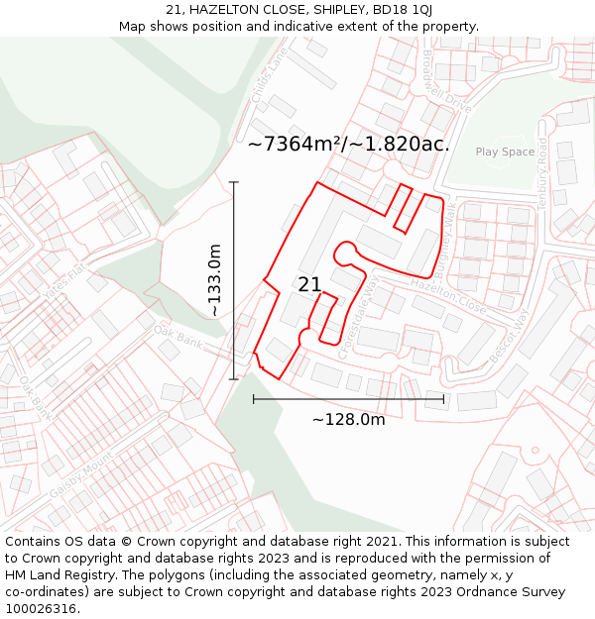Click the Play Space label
[505, 152]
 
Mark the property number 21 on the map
[309, 284]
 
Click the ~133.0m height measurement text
[214, 280]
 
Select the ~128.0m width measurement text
[348, 420]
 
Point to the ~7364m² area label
[348, 144]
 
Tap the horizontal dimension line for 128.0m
[348, 399]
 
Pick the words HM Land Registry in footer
[54, 574]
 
